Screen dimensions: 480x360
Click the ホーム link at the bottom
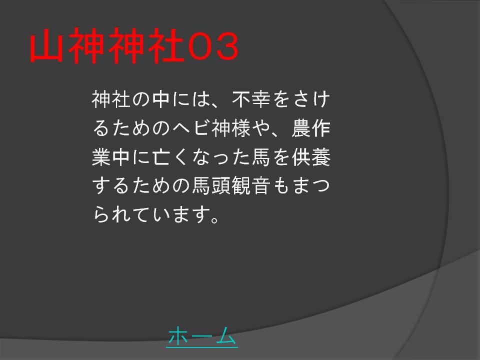pyautogui.click(x=202, y=336)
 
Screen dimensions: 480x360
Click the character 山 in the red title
pyautogui.click(x=46, y=45)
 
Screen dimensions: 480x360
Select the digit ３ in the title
pyautogui.click(x=226, y=46)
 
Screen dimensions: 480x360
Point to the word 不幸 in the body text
pyautogui.click(x=251, y=99)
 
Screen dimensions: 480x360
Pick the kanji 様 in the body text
pyautogui.click(x=241, y=128)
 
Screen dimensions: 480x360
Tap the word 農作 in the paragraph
pyautogui.click(x=310, y=128)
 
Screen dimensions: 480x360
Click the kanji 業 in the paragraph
pyautogui.click(x=101, y=156)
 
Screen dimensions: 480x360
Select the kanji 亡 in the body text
pyautogui.click(x=161, y=157)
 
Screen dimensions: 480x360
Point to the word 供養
pyautogui.click(x=310, y=156)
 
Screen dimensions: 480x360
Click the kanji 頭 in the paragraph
pyautogui.click(x=221, y=185)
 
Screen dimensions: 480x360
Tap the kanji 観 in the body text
pyautogui.click(x=241, y=185)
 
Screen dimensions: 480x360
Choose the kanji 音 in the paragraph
pyautogui.click(x=261, y=185)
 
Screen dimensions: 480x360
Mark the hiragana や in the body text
pyautogui.click(x=261, y=128)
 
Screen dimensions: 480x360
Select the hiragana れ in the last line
pyautogui.click(x=121, y=214)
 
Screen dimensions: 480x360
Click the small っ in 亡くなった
pyautogui.click(x=221, y=158)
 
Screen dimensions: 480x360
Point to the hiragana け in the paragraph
pyautogui.click(x=321, y=99)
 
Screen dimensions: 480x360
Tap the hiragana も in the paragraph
pyautogui.click(x=280, y=185)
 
